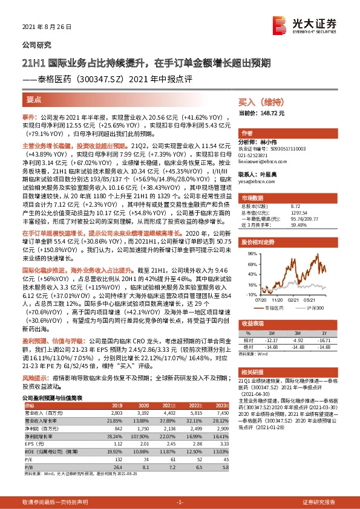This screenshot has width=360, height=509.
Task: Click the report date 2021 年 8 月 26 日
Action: coord(47,28)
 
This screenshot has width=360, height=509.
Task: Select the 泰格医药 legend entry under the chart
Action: coord(278,308)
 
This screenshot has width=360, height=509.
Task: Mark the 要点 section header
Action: coord(34,98)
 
